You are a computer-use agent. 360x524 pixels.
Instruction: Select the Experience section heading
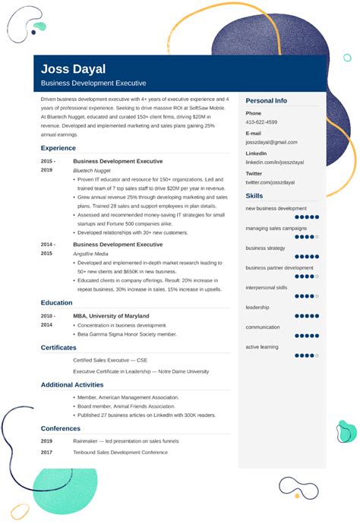(58, 148)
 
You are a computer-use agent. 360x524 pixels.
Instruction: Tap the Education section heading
(57, 302)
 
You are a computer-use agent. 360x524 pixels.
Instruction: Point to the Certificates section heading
(59, 347)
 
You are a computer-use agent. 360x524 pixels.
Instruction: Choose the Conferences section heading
(61, 428)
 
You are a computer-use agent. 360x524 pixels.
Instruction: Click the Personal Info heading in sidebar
(266, 100)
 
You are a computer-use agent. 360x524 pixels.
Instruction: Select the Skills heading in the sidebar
(254, 196)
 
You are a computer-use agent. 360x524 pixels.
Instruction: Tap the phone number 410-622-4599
(261, 122)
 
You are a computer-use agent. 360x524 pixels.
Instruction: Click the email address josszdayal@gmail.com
(271, 142)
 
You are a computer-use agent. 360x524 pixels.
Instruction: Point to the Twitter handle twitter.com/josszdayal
(269, 183)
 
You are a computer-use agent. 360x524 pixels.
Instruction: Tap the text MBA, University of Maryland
(111, 316)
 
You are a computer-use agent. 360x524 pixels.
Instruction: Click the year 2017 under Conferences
(46, 453)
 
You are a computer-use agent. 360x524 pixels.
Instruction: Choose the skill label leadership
(258, 308)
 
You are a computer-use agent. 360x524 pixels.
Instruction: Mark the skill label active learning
(261, 347)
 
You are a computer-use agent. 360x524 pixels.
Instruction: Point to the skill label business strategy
(265, 248)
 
